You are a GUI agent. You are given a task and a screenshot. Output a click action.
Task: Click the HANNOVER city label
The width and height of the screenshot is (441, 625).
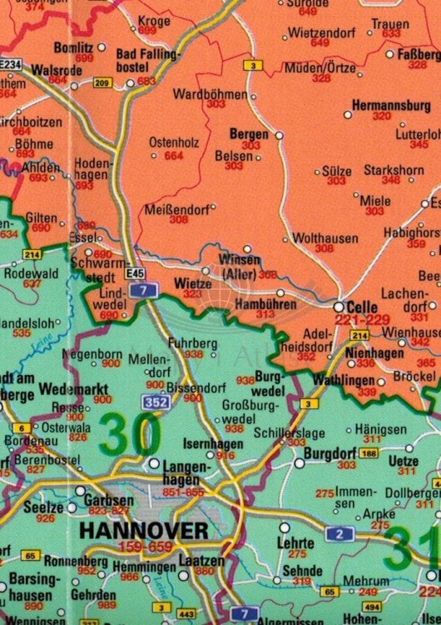pos(143,531)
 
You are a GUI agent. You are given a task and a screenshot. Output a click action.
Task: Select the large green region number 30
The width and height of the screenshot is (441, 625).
pos(130,434)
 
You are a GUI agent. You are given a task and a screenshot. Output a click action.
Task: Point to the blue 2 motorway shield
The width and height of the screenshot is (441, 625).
pos(339,533)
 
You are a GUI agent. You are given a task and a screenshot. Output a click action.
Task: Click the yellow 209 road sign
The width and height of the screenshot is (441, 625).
pos(102,82)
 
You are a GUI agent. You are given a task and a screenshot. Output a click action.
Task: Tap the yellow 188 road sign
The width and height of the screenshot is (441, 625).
pos(369,453)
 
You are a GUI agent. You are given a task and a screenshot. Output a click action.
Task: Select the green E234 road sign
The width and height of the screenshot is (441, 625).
pos(10,63)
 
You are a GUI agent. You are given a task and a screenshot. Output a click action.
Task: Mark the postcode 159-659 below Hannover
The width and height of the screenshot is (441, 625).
pos(143,547)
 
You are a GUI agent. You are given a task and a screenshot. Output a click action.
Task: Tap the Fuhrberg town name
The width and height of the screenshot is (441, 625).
pos(192,342)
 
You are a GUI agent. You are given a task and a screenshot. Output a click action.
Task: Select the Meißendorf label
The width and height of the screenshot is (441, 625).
pos(176,208)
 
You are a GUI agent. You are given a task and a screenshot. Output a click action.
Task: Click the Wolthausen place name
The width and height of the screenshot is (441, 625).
pos(313,237)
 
